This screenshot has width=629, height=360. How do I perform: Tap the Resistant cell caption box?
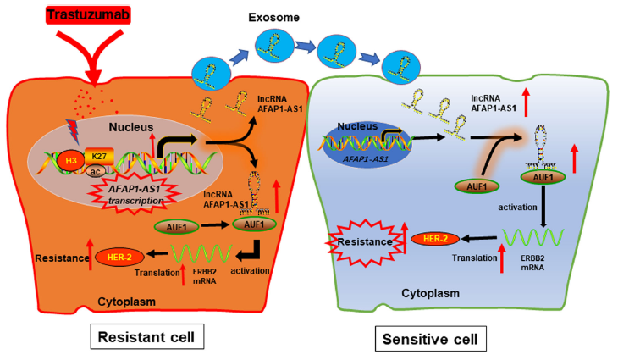145,336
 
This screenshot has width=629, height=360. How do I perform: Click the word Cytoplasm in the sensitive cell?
428,293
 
